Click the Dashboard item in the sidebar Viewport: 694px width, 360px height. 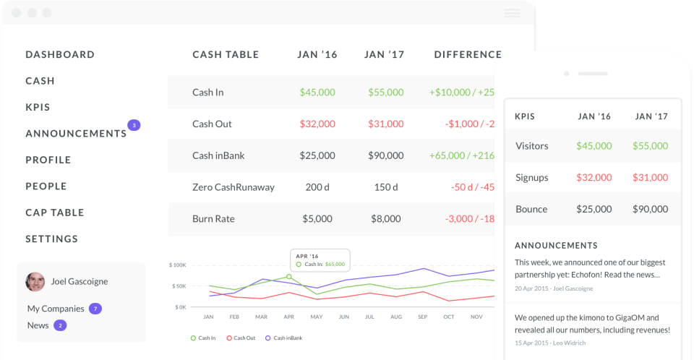[60, 54]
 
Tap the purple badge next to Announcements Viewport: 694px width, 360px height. [134, 125]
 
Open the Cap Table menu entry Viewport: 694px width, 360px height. [55, 213]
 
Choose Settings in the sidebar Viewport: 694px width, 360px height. [52, 239]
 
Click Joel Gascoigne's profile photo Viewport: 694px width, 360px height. [35, 282]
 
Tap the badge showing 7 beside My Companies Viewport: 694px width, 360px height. [95, 309]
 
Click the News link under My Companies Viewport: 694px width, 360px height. [38, 325]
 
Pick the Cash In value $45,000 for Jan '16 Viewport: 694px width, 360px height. [317, 93]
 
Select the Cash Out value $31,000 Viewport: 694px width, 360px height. [385, 124]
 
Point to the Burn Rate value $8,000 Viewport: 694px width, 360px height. [385, 219]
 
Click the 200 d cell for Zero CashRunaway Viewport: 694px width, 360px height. [317, 187]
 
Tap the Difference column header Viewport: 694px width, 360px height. [468, 54]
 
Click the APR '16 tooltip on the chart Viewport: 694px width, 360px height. [320, 260]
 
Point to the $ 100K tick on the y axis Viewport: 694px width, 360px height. [177, 265]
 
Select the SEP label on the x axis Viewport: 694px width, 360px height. [422, 317]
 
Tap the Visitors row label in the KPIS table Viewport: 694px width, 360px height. [532, 146]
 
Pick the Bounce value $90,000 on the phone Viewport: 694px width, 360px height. [650, 210]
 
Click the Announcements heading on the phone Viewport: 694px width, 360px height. [556, 245]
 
